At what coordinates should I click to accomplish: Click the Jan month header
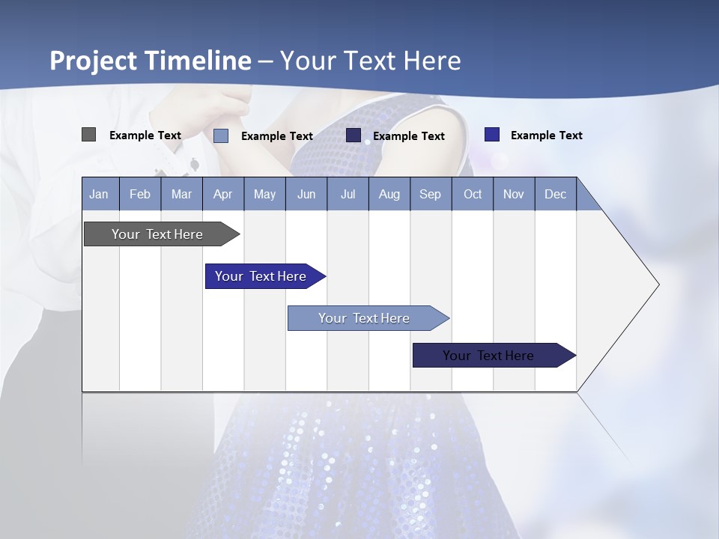100,194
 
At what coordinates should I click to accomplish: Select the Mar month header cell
181,194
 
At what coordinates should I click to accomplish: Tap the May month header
264,194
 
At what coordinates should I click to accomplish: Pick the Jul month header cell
348,194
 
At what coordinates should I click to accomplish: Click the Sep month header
430,194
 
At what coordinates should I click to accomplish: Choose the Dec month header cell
555,194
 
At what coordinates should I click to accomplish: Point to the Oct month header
473,194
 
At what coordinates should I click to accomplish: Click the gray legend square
88,135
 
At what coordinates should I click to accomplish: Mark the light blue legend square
221,135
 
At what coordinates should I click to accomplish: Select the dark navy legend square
354,135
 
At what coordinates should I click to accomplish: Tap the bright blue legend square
491,135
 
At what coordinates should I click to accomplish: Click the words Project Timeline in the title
150,61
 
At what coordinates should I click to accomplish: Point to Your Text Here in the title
370,61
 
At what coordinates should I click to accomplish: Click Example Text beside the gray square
145,135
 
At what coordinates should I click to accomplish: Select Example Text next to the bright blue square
547,135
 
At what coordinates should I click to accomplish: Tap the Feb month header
140,194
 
